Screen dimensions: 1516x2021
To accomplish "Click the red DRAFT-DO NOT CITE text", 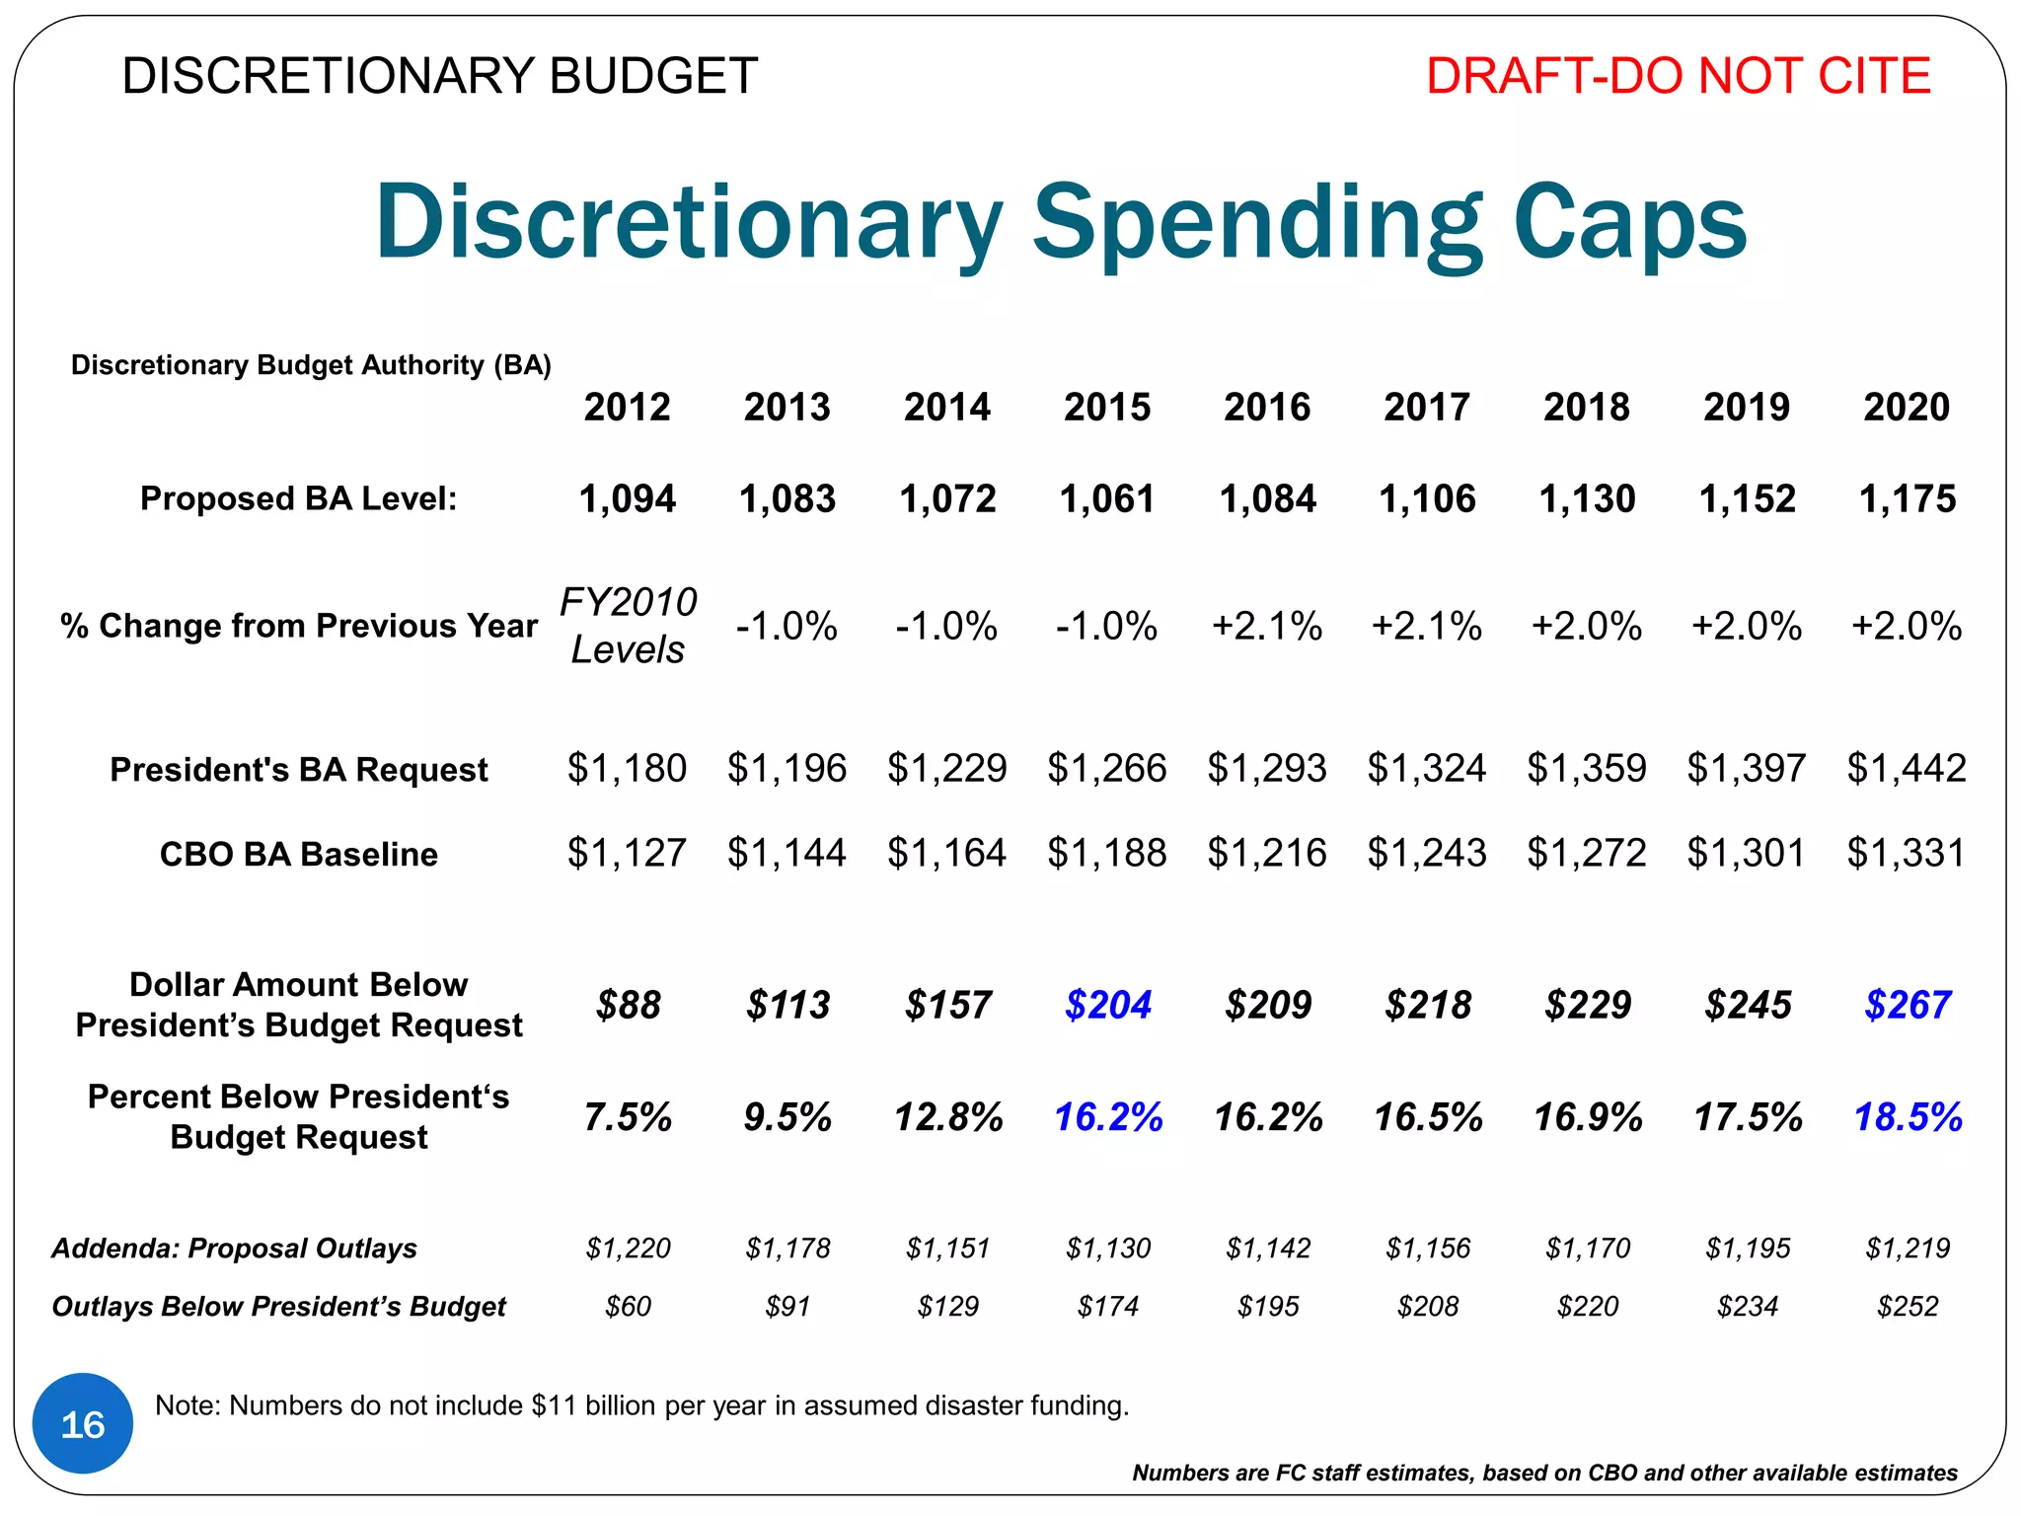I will (x=1678, y=76).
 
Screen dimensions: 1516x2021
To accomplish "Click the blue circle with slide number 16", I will (x=83, y=1423).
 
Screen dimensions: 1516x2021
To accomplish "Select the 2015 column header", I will (x=1106, y=407).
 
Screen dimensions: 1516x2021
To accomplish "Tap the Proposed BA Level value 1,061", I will (x=1106, y=498).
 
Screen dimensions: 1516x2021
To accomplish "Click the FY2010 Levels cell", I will (x=628, y=625).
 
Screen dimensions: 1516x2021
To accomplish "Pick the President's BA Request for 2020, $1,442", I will (x=1906, y=768).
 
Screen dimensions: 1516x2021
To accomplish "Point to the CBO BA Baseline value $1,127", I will (x=627, y=853).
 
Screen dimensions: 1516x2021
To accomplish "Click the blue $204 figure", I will (x=1107, y=1005).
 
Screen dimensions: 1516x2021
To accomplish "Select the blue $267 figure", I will (x=1907, y=1005).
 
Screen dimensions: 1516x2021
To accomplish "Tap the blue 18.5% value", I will (x=1907, y=1117).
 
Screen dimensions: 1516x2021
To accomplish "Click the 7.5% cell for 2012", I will (x=628, y=1117).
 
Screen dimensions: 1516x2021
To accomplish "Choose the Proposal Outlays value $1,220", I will (x=628, y=1249).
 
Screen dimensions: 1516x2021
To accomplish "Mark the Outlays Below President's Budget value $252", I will (x=1907, y=1307).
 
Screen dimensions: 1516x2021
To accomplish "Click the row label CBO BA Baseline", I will (x=298, y=854).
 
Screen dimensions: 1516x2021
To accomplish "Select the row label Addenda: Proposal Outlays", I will (x=234, y=1249).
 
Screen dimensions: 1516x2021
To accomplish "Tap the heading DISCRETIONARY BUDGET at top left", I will (x=439, y=76).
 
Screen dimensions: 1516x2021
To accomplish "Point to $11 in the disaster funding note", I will (x=553, y=1405).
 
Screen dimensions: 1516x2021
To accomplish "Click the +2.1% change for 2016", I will (x=1267, y=626).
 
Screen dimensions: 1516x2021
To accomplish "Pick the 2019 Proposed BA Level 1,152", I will (x=1747, y=498).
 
